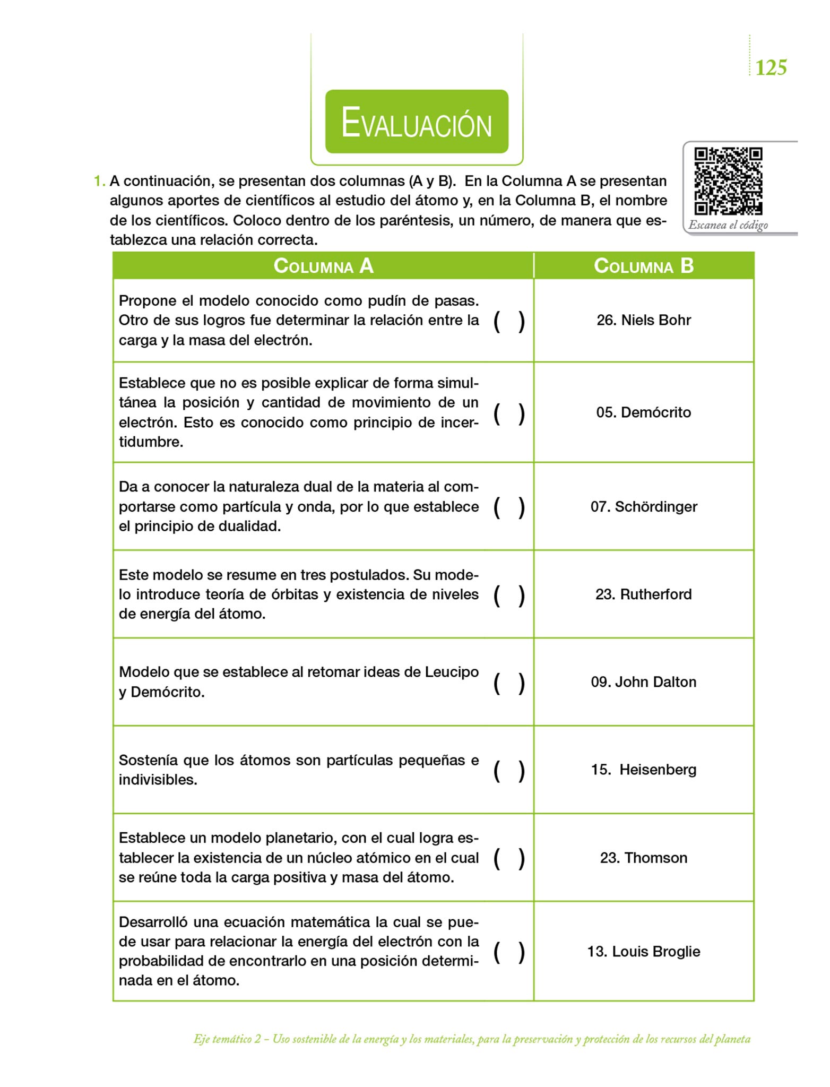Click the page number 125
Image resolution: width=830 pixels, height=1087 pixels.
point(771,68)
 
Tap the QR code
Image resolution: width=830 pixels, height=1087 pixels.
point(728,180)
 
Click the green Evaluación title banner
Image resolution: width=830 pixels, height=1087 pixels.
point(417,122)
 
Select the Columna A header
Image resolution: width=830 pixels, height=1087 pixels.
point(323,266)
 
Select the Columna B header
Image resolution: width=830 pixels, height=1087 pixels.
point(643,266)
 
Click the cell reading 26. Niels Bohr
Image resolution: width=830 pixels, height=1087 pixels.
point(643,321)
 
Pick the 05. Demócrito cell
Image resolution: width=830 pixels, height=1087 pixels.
point(643,412)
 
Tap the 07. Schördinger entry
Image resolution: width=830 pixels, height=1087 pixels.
point(643,506)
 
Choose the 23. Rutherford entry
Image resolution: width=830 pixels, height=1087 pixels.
point(643,594)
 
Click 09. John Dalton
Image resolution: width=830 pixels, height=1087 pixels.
point(643,682)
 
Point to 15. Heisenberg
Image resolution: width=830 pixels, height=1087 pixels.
point(643,770)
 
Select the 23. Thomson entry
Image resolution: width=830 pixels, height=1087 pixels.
point(643,858)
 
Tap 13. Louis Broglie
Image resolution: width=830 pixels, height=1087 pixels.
point(643,951)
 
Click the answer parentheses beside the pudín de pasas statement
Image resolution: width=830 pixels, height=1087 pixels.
point(509,321)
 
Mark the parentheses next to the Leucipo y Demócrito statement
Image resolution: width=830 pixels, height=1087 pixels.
point(509,683)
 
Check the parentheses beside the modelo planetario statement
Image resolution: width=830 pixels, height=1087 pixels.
point(509,859)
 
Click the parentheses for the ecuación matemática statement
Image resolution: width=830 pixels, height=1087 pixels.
point(509,952)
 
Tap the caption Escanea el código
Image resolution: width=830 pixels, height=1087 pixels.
point(728,225)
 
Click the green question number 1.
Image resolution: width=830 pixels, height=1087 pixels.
point(99,182)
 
